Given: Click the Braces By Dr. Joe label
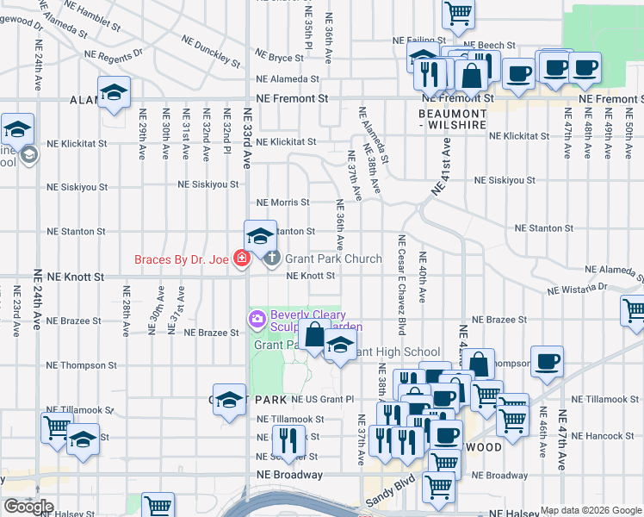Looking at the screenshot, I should click(182, 258).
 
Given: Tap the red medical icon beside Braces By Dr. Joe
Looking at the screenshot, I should click(242, 258).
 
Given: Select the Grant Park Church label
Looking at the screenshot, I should click(333, 258).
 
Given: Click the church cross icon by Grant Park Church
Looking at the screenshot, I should click(272, 258).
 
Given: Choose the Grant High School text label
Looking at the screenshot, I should click(396, 352).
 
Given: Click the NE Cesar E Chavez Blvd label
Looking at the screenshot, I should click(401, 284).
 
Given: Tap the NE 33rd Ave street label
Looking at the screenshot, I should click(248, 140).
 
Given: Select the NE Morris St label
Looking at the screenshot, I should click(282, 202).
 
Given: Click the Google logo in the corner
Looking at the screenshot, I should click(28, 507).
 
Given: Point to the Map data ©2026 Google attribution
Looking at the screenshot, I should click(591, 510).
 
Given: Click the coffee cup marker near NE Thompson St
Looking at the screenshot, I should click(547, 362).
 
